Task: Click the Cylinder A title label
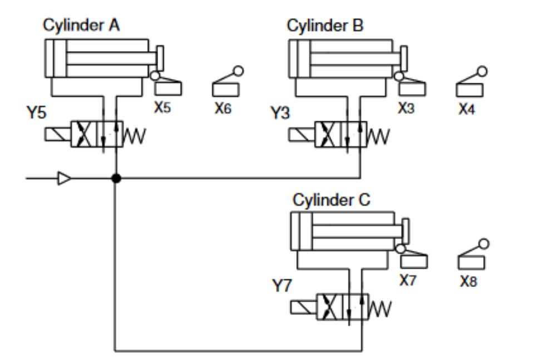(82, 26)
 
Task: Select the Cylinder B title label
(325, 26)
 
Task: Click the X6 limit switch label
(223, 108)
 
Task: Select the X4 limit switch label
(466, 109)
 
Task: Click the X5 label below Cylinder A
(162, 107)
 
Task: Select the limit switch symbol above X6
(228, 83)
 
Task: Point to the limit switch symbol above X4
(471, 83)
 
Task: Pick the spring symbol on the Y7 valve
(380, 308)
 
